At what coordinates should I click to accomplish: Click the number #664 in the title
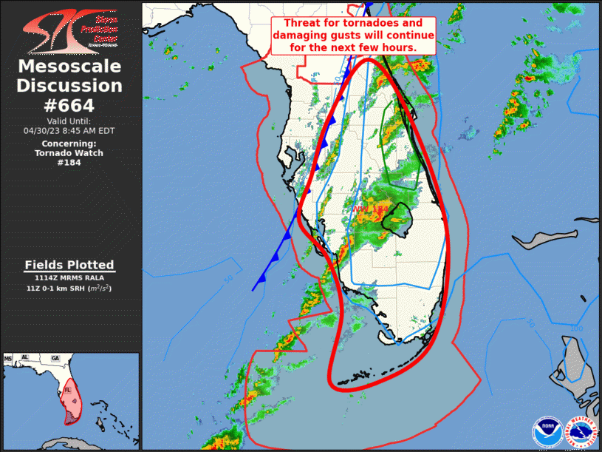(x=70, y=105)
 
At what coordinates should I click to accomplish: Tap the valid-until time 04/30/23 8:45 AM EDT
(x=69, y=130)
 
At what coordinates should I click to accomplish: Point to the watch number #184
(x=69, y=163)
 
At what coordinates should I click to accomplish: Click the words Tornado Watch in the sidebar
(x=69, y=153)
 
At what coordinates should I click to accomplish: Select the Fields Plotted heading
(x=69, y=265)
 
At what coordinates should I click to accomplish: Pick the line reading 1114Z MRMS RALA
(x=69, y=278)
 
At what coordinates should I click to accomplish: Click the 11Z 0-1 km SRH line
(x=69, y=288)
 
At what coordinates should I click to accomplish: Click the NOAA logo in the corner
(x=547, y=433)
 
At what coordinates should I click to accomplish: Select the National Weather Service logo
(x=581, y=433)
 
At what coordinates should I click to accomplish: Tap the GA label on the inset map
(x=55, y=358)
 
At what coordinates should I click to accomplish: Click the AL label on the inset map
(x=25, y=358)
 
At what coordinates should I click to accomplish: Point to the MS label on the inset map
(x=9, y=359)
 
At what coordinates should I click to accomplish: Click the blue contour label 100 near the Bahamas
(x=576, y=328)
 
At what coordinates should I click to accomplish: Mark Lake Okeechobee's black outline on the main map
(x=401, y=220)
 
